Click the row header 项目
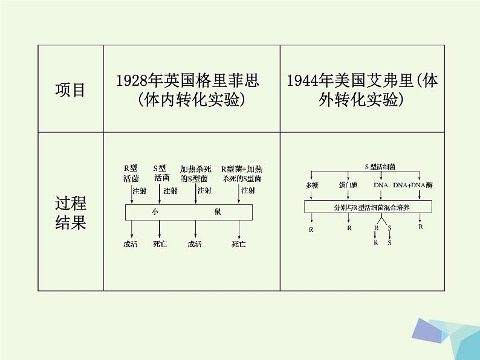pyautogui.click(x=70, y=90)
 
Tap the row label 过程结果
pyautogui.click(x=70, y=212)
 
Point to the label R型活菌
pyautogui.click(x=131, y=173)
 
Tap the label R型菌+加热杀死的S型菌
pyautogui.click(x=242, y=173)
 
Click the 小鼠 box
pyautogui.click(x=188, y=212)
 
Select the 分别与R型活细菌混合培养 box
pyautogui.click(x=368, y=206)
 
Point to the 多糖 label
pyautogui.click(x=311, y=185)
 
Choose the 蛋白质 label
pyautogui.click(x=348, y=185)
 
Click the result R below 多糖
pyautogui.click(x=311, y=229)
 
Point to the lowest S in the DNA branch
pyautogui.click(x=389, y=242)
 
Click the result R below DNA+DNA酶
pyautogui.click(x=421, y=227)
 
